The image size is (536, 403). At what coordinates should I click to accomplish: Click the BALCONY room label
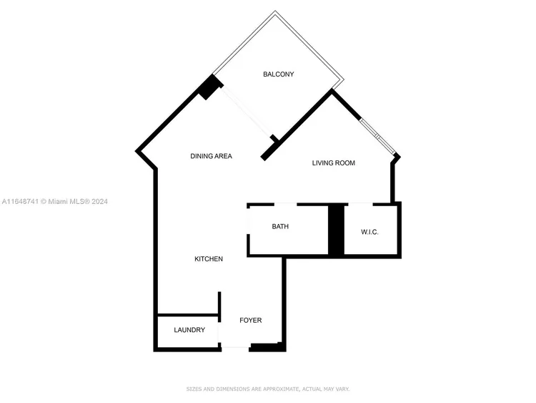coord(278,74)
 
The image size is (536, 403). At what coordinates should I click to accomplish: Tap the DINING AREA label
coord(211,156)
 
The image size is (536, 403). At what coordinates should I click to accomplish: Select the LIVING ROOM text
coord(333,163)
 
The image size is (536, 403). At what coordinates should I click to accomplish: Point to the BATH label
coord(280,226)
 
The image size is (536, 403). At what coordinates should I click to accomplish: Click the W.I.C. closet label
coord(369,232)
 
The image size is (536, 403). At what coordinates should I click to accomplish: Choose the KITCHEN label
coord(209,259)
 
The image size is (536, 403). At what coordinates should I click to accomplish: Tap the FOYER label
coord(251,321)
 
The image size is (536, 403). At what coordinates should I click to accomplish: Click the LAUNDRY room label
coord(189,330)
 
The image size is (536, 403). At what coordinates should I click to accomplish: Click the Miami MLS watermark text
coord(55,201)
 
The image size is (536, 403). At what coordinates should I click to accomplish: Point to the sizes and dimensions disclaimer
coord(268,389)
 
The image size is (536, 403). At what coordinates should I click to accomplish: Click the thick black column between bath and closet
coord(337,229)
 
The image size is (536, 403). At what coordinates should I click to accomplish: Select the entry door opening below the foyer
coord(236,348)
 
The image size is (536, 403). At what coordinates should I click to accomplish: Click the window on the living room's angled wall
coord(378,136)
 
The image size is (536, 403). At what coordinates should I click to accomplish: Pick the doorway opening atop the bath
coord(285,205)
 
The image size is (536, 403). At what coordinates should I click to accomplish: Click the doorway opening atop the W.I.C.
coord(361,205)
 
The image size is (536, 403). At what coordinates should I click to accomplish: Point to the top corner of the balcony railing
coord(275,11)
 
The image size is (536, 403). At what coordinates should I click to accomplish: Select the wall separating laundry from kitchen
coord(188,314)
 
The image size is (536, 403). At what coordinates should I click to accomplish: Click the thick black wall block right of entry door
coord(268,347)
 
